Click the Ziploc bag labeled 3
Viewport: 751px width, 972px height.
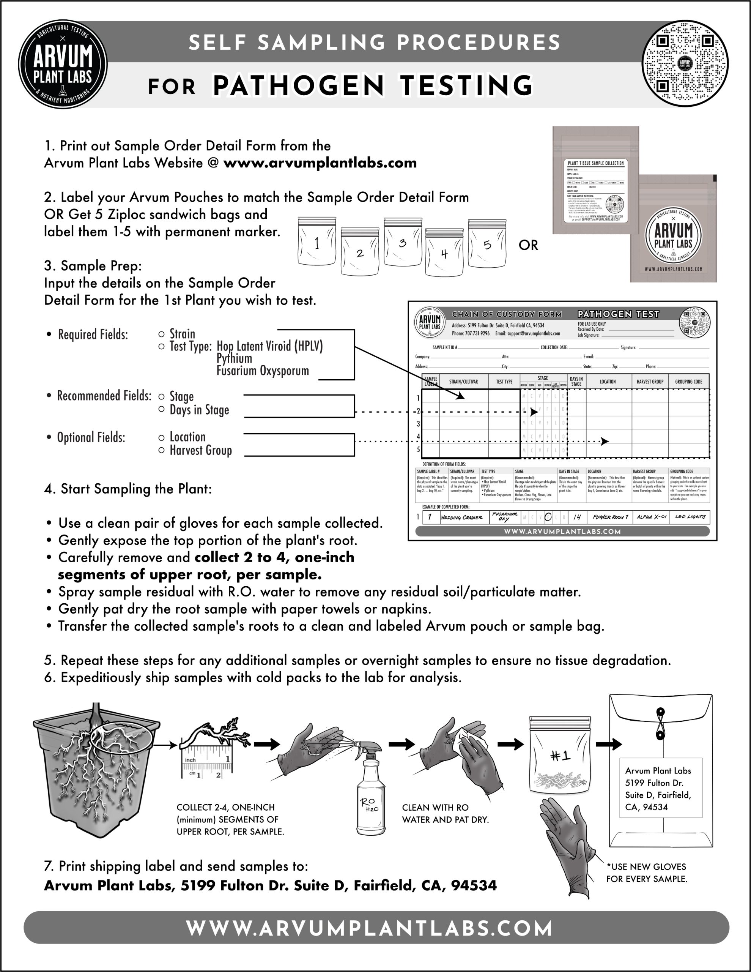[x=402, y=243]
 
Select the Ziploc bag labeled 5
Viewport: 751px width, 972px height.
[x=487, y=244]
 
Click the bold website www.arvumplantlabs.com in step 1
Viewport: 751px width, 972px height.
[x=320, y=163]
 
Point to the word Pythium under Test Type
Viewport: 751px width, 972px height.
[x=234, y=358]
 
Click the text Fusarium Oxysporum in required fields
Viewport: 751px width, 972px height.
[x=263, y=371]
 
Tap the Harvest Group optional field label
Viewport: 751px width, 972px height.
[x=200, y=450]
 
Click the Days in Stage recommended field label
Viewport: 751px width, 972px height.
[x=199, y=410]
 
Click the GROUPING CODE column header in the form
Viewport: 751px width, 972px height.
[x=688, y=382]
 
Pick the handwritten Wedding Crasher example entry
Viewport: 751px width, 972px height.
[x=461, y=517]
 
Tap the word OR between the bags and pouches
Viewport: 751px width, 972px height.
[x=528, y=245]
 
